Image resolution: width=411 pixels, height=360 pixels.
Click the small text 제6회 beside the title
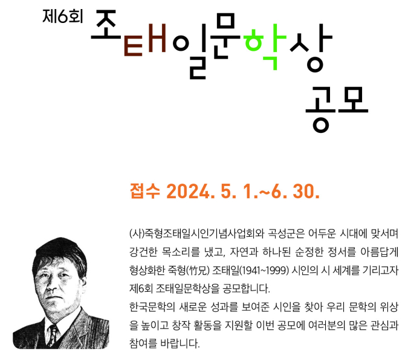[63, 16]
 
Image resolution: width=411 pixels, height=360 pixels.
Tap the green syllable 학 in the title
[265, 47]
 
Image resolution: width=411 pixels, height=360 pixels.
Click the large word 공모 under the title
[337, 109]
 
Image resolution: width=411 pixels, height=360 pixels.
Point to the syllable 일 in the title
[190, 51]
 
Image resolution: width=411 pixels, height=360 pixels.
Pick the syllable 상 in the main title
[311, 48]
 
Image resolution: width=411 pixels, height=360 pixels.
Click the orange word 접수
[145, 191]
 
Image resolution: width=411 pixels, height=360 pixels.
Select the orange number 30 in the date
[306, 191]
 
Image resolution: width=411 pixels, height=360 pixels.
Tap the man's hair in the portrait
[60, 251]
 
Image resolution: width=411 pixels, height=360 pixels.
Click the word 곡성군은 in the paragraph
[286, 233]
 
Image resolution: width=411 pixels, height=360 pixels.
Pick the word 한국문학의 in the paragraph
[152, 307]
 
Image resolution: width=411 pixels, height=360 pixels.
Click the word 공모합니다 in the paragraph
[246, 289]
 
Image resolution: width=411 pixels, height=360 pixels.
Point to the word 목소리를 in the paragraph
[180, 252]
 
